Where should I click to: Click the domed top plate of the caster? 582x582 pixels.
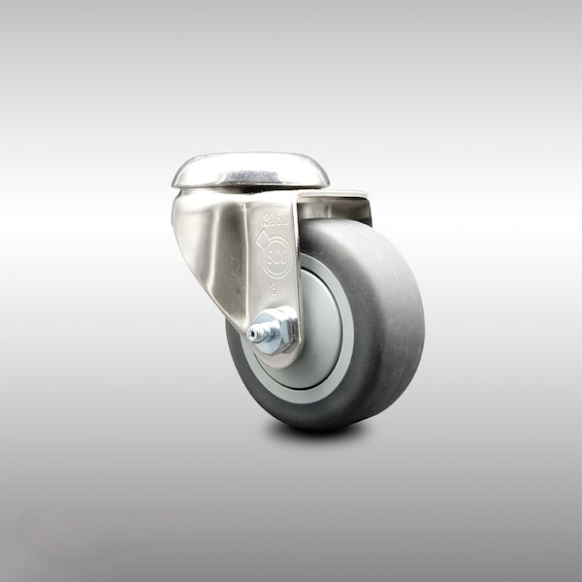click(x=250, y=173)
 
